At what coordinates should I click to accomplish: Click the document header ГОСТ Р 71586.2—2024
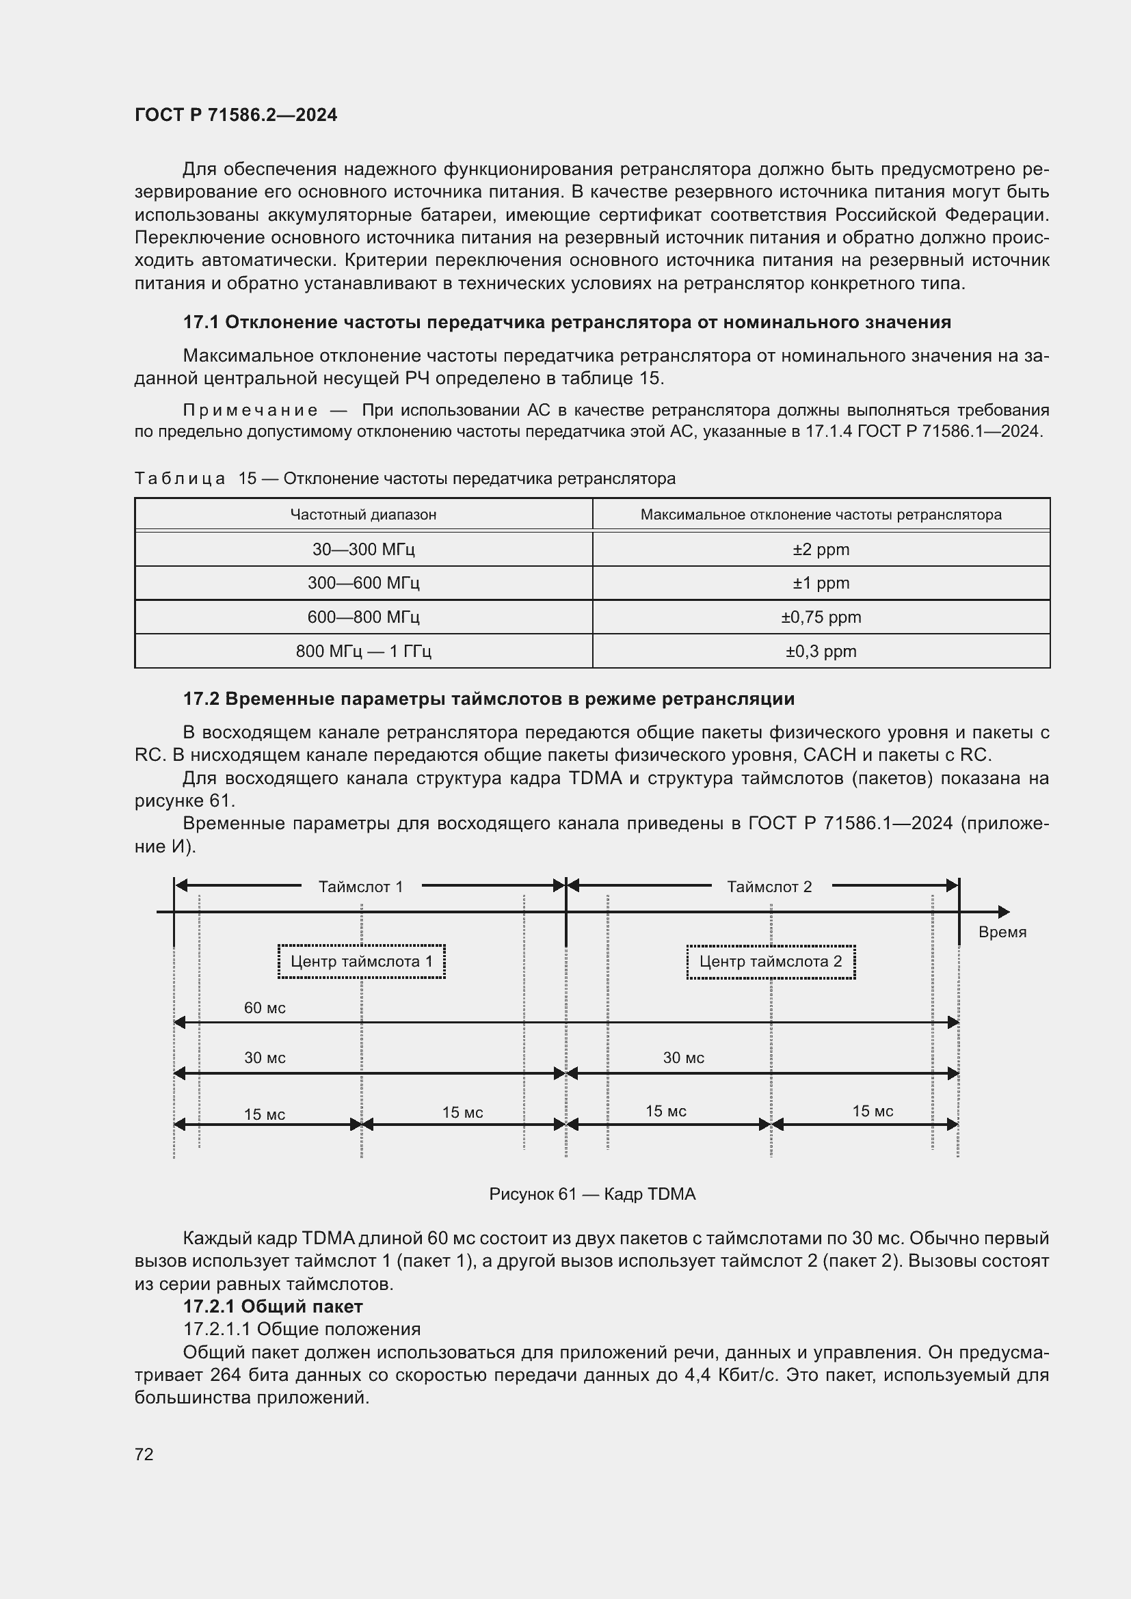[x=235, y=115]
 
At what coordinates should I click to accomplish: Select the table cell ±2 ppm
[x=821, y=549]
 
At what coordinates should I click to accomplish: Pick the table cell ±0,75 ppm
[x=821, y=617]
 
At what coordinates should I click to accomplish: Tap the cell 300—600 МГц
[x=364, y=583]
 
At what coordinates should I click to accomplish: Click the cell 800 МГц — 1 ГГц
[x=364, y=651]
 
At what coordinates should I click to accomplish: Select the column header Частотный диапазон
[x=364, y=515]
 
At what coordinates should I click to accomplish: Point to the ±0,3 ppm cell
[x=821, y=651]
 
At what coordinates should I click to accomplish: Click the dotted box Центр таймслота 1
[x=362, y=962]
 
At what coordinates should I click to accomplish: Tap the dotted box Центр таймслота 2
[x=770, y=962]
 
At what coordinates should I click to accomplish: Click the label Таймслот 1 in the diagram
[x=361, y=887]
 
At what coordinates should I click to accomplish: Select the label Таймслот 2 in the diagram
[x=769, y=887]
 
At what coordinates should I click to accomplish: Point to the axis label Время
[x=1002, y=932]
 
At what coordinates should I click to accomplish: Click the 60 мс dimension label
[x=265, y=1008]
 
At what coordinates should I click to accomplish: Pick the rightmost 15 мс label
[x=873, y=1111]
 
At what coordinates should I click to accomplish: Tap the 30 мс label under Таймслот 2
[x=683, y=1058]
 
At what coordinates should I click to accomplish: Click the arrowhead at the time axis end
[x=1004, y=912]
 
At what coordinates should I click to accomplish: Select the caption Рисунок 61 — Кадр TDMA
[x=592, y=1194]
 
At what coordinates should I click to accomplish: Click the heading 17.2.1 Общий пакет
[x=272, y=1306]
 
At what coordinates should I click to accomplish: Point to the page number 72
[x=144, y=1454]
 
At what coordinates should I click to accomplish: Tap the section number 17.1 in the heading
[x=200, y=322]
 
